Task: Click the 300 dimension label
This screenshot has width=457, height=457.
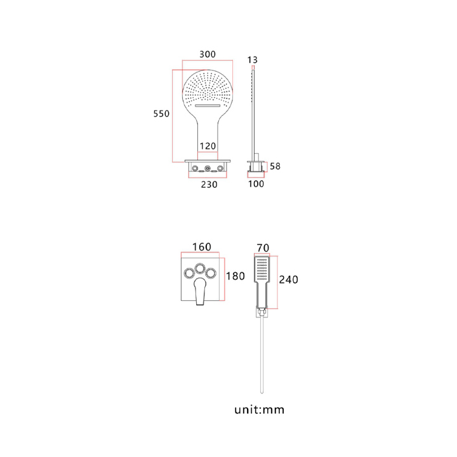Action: (208, 54)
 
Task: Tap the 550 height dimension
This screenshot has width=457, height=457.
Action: (161, 114)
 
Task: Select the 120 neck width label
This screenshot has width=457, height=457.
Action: (208, 146)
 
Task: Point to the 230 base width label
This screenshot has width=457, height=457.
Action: (209, 184)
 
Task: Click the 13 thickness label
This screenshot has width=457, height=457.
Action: (253, 60)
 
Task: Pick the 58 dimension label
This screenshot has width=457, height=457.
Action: (275, 166)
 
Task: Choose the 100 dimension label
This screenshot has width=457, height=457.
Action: (256, 183)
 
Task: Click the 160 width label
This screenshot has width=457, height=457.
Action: (202, 247)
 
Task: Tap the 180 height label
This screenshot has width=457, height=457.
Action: (235, 276)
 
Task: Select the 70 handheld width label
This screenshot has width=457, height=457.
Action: (263, 248)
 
